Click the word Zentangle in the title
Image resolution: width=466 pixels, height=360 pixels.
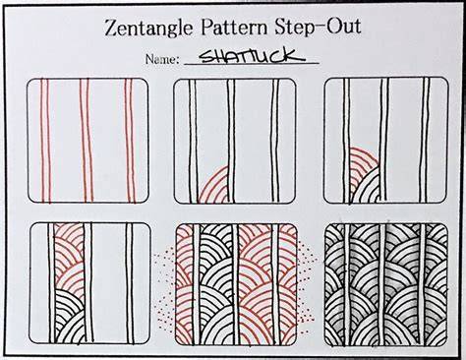tap(148, 28)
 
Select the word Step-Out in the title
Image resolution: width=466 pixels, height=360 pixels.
tap(318, 26)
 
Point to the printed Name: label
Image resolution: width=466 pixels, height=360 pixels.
tap(162, 59)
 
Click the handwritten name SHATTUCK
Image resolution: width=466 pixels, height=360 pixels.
tap(252, 56)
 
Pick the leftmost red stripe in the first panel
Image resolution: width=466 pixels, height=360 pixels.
tap(45, 141)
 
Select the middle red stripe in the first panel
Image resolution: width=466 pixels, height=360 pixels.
tap(87, 141)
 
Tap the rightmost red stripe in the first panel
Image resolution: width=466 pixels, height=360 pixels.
tap(130, 141)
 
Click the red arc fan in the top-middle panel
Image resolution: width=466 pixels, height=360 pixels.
tap(214, 186)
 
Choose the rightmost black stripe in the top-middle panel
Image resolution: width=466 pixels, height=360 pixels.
tap(275, 141)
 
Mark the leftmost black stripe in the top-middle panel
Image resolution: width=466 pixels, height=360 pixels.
tap(194, 141)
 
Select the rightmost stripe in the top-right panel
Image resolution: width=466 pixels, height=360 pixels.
tap(425, 141)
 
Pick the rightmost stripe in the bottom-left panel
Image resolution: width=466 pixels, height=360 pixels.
tap(130, 283)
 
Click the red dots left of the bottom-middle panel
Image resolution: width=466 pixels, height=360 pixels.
tap(165, 288)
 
